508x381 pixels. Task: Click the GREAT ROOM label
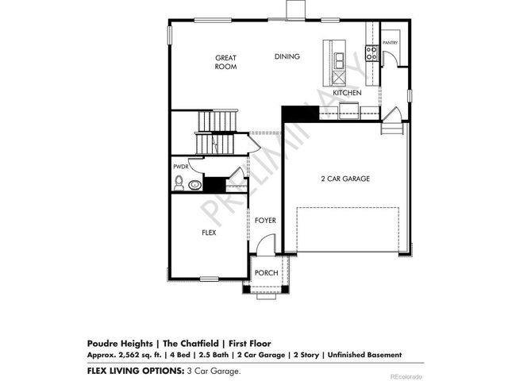[226, 63]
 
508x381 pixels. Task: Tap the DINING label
[287, 57]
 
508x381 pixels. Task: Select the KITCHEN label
[347, 93]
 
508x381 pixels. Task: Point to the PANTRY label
[390, 43]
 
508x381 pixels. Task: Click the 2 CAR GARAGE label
[344, 179]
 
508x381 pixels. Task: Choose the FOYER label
[265, 220]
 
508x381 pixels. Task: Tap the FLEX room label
[209, 233]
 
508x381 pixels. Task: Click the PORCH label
[266, 273]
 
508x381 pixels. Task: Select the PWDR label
[180, 167]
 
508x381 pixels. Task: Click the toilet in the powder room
[179, 184]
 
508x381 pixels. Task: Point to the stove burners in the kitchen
[370, 54]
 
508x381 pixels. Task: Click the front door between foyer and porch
[266, 256]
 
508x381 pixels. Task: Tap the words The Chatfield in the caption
[169, 344]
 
